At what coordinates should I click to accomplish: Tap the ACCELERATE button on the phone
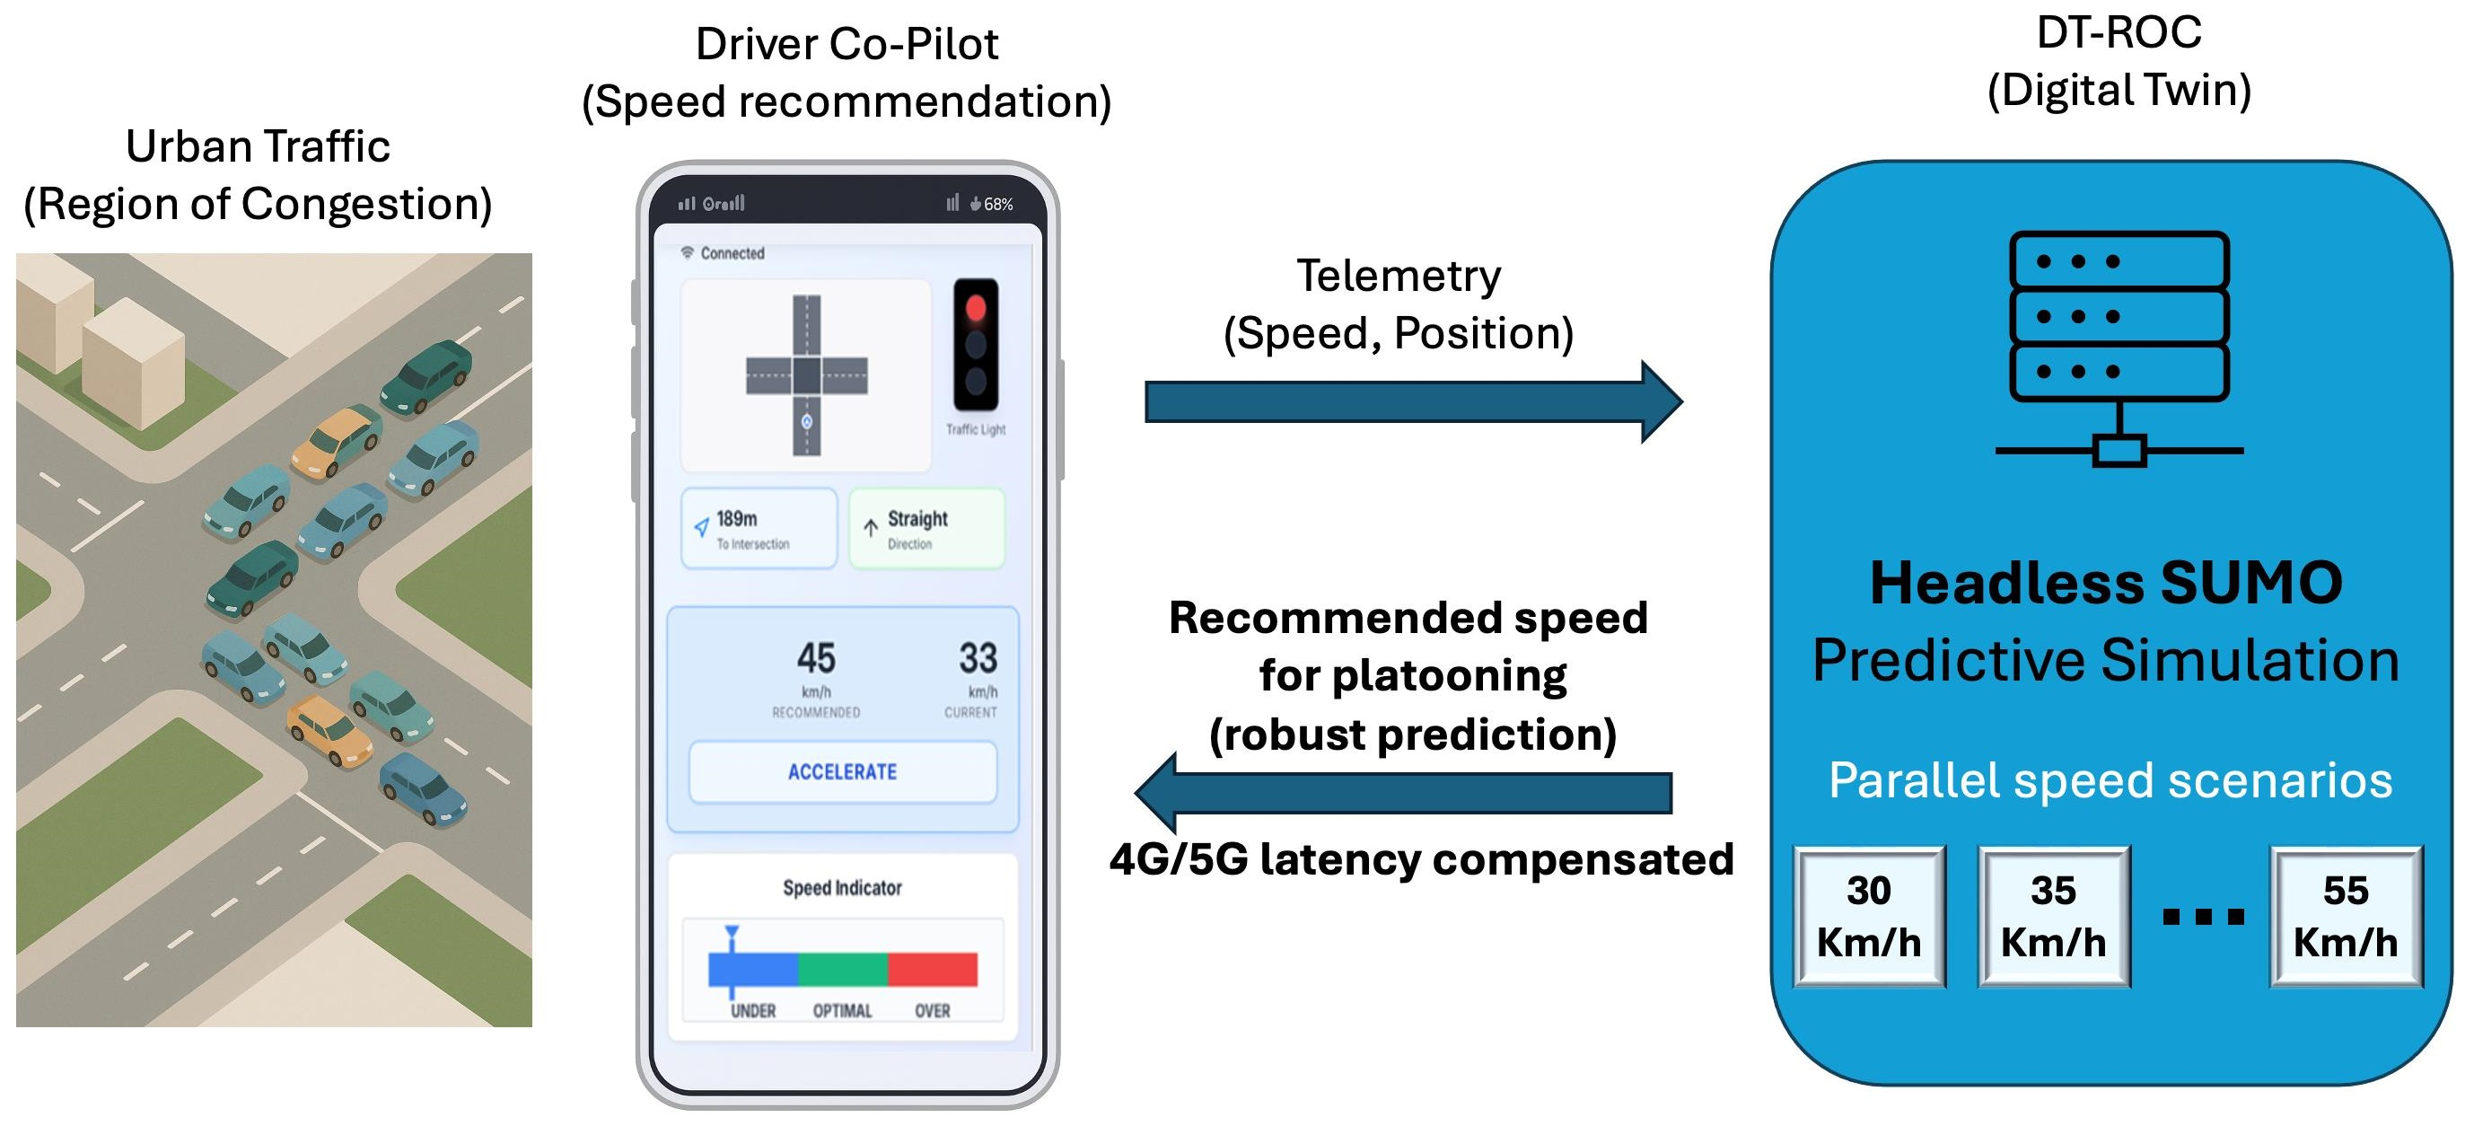point(842,771)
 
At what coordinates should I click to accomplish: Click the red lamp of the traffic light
point(976,308)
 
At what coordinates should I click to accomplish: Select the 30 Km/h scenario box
point(1868,917)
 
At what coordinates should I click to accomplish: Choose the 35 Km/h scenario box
point(2053,917)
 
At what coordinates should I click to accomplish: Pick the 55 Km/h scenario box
point(2346,917)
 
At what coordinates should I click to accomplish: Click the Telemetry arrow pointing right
point(1412,401)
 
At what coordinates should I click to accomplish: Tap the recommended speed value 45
point(815,658)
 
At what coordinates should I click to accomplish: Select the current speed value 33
point(978,658)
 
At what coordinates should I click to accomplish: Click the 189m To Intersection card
point(759,528)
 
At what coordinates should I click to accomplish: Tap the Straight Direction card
point(926,528)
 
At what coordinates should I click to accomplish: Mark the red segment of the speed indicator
point(933,970)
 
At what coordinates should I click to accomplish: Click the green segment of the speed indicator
point(842,970)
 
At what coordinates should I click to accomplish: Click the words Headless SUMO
point(2105,583)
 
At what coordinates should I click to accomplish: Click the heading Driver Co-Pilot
point(847,44)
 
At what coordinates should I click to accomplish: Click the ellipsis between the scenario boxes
point(2202,917)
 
